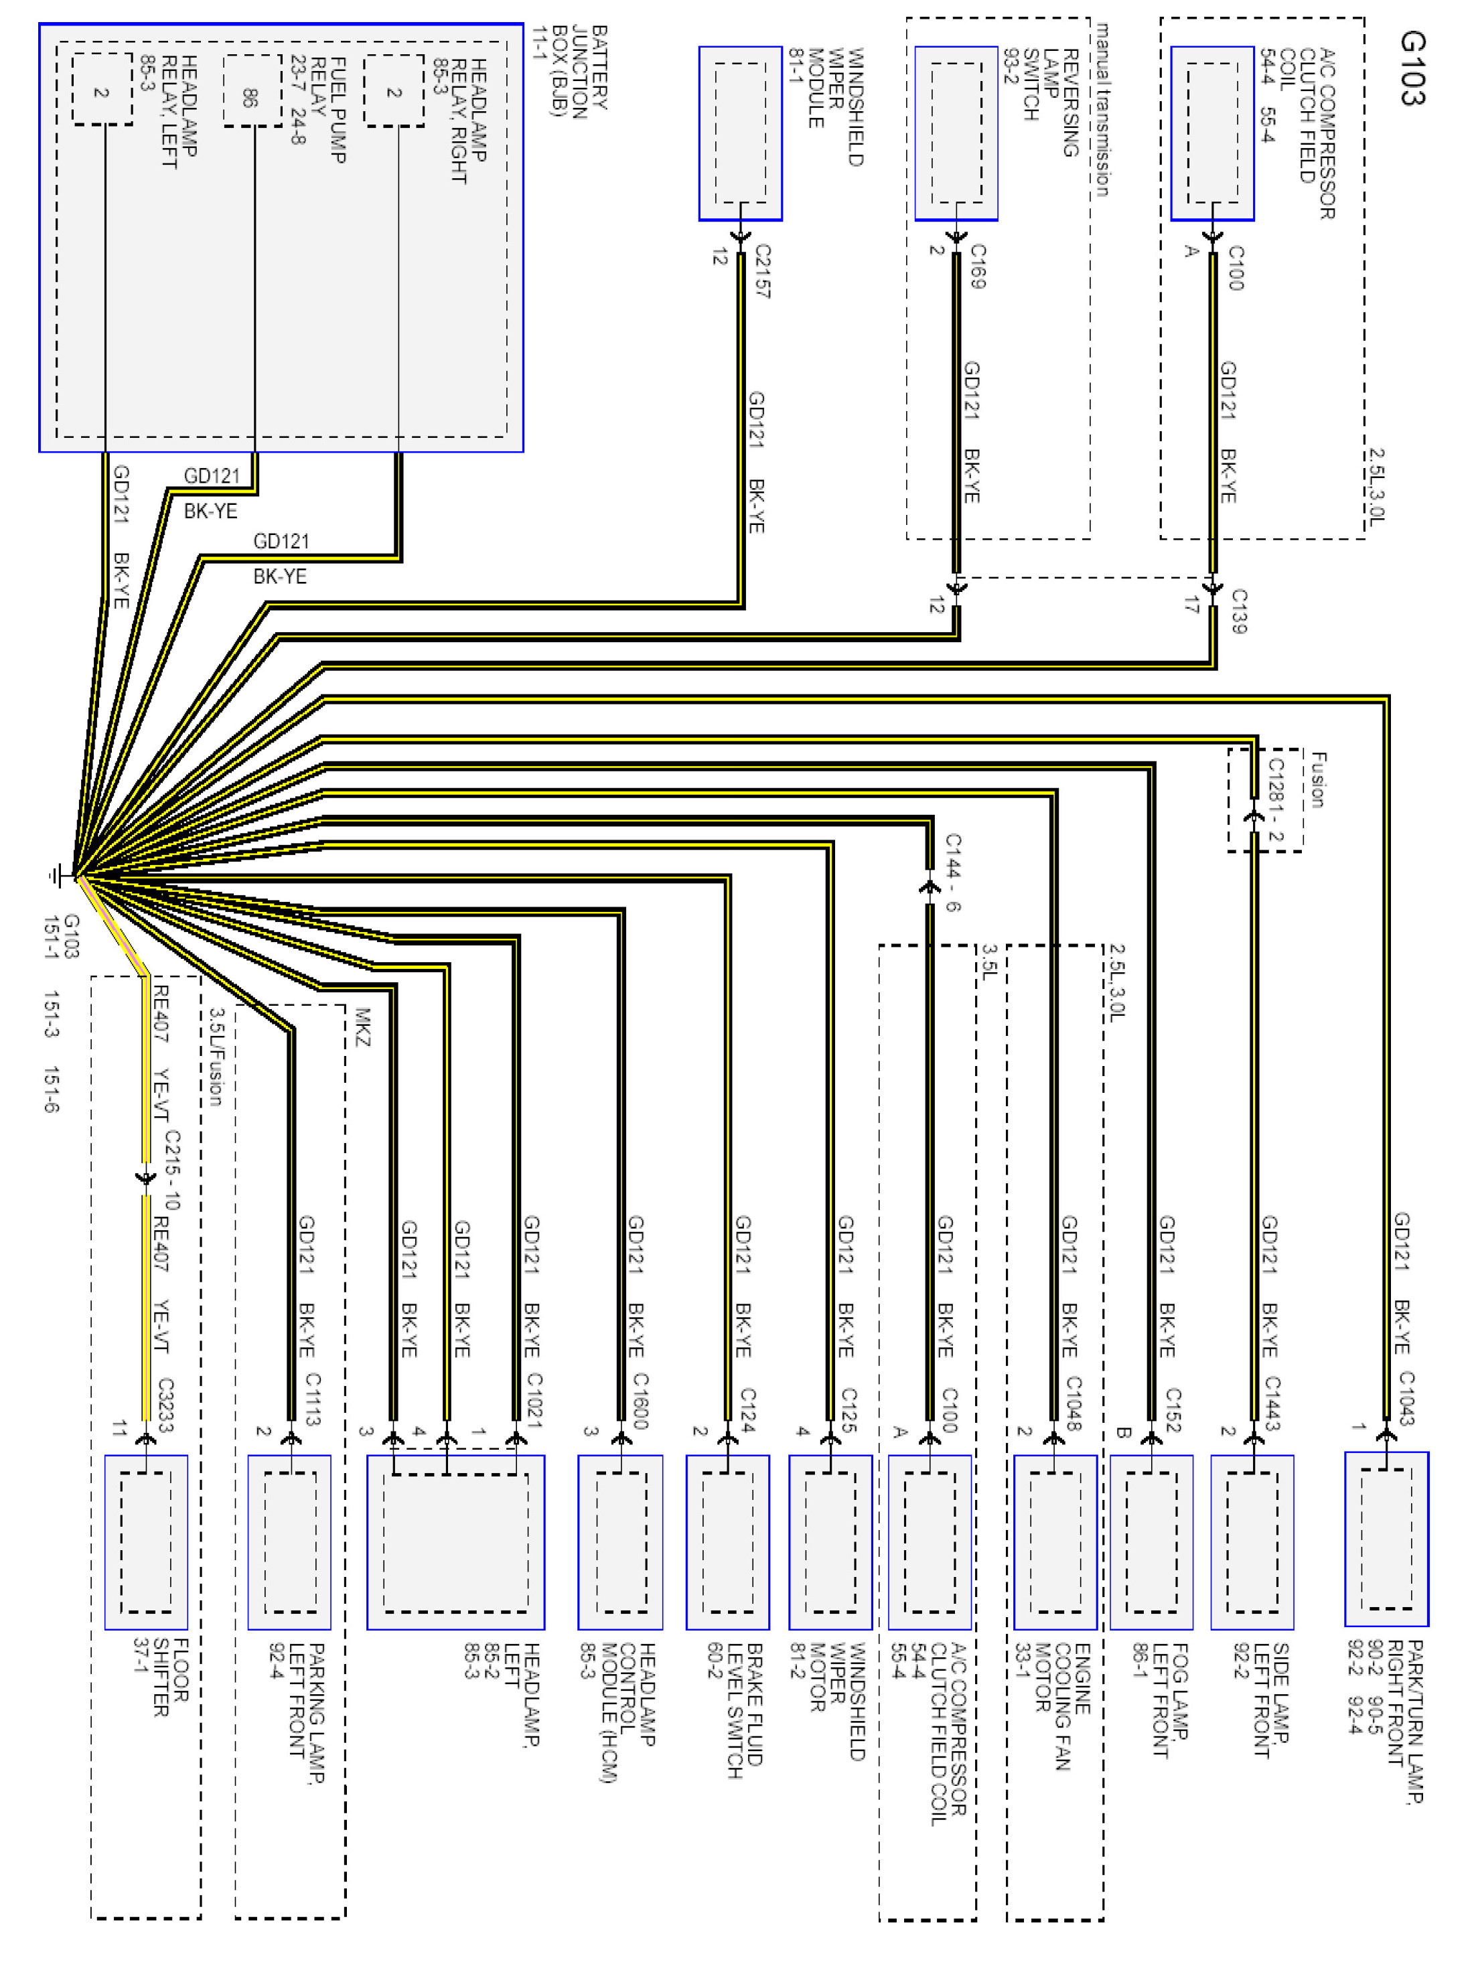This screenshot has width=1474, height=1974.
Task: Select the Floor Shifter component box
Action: (x=147, y=1542)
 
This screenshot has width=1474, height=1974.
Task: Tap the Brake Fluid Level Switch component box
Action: (x=727, y=1542)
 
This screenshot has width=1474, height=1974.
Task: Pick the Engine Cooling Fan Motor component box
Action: (x=1055, y=1542)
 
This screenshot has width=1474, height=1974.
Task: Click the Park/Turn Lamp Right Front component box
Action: (x=1386, y=1539)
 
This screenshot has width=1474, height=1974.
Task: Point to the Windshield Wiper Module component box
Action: (x=741, y=134)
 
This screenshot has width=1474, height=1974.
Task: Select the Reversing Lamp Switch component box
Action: (x=956, y=134)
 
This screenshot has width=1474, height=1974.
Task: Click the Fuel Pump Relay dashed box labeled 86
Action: (x=252, y=92)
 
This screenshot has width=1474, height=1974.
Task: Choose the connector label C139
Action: (x=1238, y=611)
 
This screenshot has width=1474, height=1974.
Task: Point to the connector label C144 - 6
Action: (x=952, y=872)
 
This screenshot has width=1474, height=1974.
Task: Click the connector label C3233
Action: (x=165, y=1404)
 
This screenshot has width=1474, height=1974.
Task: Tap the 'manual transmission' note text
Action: (x=1102, y=110)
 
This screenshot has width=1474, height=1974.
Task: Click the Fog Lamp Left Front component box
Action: (x=1152, y=1542)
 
